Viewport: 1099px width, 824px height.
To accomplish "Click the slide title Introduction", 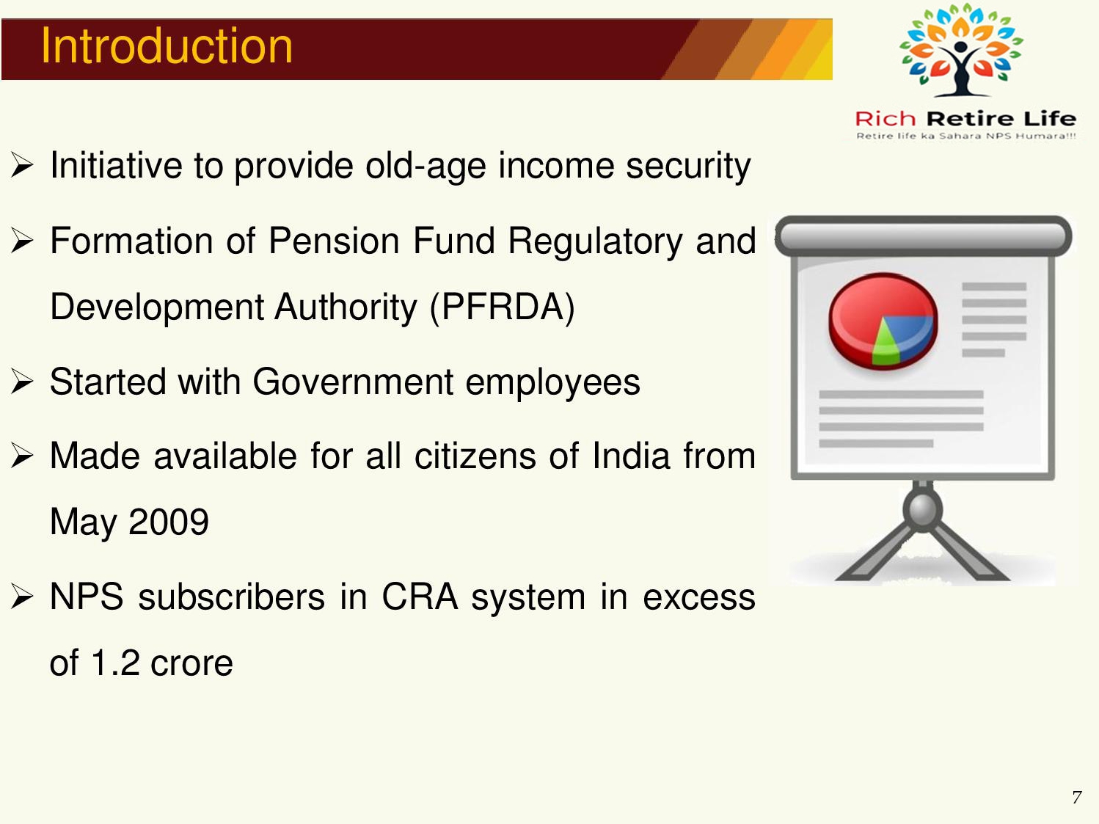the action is (167, 46).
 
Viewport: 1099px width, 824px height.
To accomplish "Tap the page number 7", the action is (1077, 796).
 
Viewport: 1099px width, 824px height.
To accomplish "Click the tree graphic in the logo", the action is (961, 49).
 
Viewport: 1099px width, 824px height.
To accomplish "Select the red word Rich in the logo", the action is (886, 119).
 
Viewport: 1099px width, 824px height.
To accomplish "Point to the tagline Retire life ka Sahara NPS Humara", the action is (965, 136).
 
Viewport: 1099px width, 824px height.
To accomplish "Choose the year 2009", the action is (168, 522).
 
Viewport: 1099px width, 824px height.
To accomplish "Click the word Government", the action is (352, 382).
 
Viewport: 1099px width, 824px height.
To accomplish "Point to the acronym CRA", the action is (420, 597).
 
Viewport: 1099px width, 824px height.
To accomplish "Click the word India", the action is (631, 456).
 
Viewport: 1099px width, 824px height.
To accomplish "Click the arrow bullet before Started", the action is (22, 382).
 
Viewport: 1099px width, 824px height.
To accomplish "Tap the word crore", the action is (191, 663).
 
